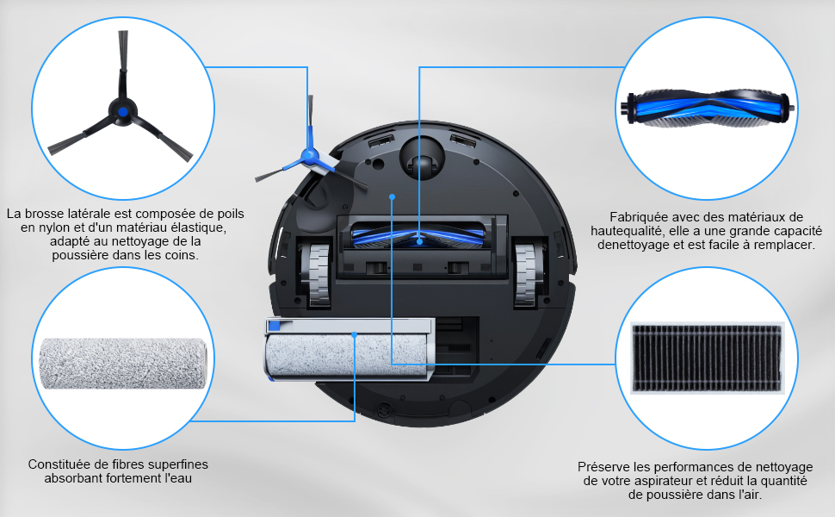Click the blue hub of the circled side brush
[x=123, y=112]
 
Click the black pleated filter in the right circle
[x=708, y=358]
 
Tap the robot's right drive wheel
[x=527, y=275]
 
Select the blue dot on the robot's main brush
[x=419, y=241]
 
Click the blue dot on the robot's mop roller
[x=355, y=334]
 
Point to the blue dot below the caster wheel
[x=392, y=196]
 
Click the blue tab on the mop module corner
[x=275, y=325]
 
